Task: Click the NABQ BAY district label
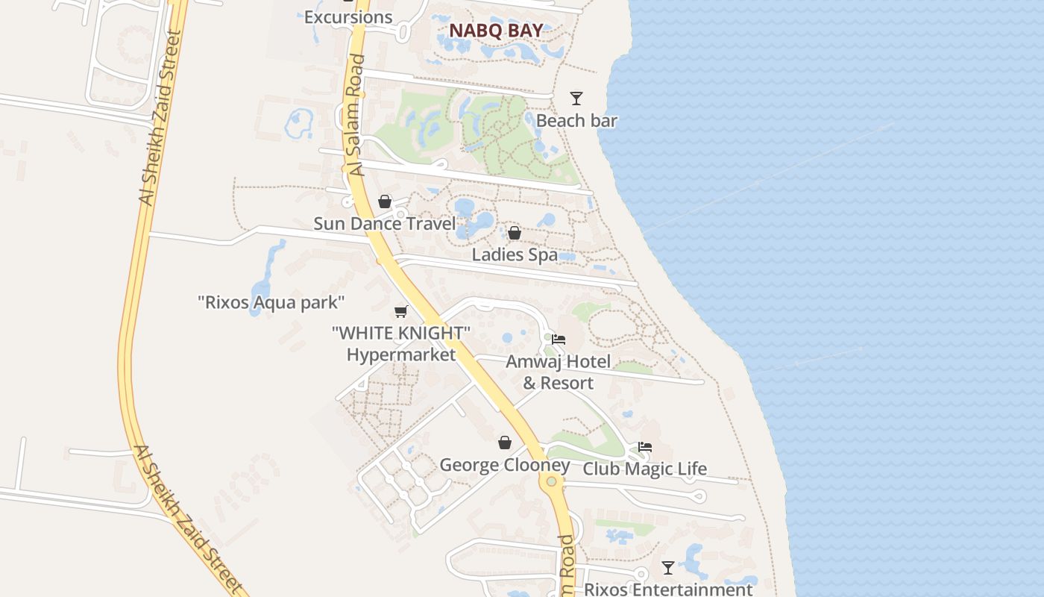pos(495,31)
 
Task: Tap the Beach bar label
pos(576,120)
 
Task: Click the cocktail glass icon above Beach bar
pos(576,98)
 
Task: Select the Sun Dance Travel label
pos(384,223)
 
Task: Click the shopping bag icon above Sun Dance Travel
pos(385,201)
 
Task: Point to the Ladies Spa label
pos(515,254)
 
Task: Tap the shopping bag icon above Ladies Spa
pos(514,233)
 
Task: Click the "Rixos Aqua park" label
pos(271,302)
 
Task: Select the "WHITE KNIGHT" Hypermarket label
pos(401,343)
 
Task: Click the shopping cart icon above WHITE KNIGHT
pos(401,311)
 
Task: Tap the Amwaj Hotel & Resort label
pos(558,372)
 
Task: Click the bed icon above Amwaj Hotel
pos(559,340)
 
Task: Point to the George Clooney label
pos(504,465)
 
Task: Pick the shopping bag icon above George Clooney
pos(505,443)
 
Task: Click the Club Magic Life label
pos(644,469)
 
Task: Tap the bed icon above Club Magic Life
pos(645,447)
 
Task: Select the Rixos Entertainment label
pos(667,589)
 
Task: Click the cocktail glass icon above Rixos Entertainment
pos(668,568)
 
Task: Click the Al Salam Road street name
pos(356,115)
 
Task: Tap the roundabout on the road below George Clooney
pos(551,481)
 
